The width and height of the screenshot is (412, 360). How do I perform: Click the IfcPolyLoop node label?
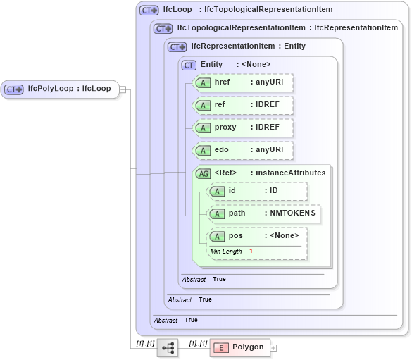(x=69, y=89)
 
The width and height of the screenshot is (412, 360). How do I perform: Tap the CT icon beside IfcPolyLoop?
(x=14, y=89)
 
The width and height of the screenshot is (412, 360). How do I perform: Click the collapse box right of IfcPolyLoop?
(x=123, y=89)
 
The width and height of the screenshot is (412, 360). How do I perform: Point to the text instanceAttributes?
(x=291, y=173)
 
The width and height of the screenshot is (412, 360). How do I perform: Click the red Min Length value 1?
(x=250, y=252)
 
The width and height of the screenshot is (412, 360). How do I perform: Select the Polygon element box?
(x=239, y=347)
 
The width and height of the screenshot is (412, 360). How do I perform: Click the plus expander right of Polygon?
(x=274, y=348)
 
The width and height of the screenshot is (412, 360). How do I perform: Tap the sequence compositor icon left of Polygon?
(x=168, y=348)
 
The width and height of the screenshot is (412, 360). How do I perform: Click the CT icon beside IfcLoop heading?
(x=149, y=11)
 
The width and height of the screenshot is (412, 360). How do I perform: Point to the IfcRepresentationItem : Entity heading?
(x=248, y=46)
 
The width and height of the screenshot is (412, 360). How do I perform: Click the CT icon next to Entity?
(x=189, y=65)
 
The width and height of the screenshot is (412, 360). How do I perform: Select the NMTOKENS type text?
(x=292, y=213)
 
